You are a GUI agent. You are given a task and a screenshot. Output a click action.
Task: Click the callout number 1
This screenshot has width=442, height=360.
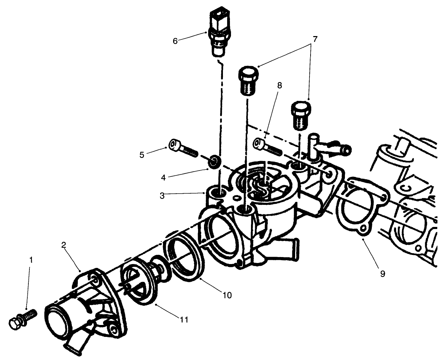[x=31, y=260]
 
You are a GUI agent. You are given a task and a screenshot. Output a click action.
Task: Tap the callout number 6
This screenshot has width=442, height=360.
[x=175, y=41]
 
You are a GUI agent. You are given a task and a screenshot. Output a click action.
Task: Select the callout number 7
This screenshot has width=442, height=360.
[x=315, y=39]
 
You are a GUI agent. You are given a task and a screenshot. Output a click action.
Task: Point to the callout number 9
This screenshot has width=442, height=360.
[x=383, y=274]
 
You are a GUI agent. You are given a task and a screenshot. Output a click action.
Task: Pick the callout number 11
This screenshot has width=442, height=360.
[x=184, y=320]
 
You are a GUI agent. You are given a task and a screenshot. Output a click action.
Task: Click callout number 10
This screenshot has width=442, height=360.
[x=227, y=295]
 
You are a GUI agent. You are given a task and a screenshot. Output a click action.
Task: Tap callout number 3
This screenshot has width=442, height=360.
[x=162, y=196]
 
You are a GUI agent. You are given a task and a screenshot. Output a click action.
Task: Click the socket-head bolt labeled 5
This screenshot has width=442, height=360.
[x=183, y=148]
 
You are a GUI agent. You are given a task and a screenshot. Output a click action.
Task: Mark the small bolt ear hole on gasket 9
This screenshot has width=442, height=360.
[x=364, y=229]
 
